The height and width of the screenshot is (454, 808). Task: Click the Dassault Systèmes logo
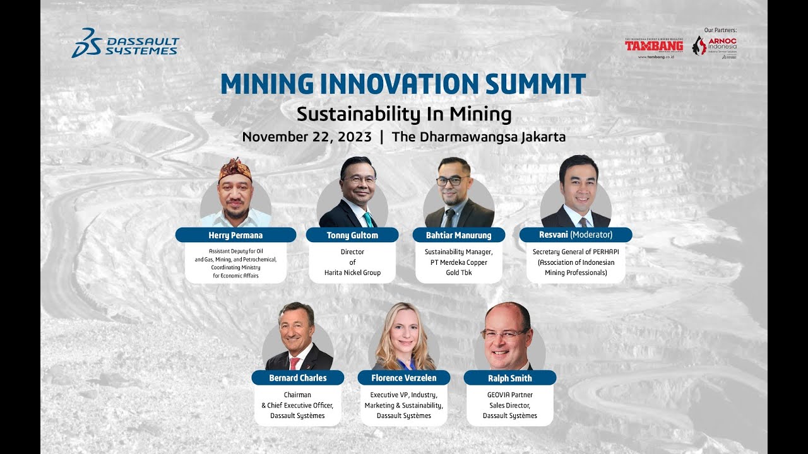coord(125,43)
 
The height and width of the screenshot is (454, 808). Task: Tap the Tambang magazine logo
coord(654,46)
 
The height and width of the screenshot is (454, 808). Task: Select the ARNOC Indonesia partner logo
coord(715,47)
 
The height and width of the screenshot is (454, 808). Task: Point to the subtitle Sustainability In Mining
coord(403,114)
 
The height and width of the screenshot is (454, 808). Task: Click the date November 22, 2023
coord(307,137)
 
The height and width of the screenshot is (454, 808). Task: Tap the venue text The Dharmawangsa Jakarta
coord(478,137)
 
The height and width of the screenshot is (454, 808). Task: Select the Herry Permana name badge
coord(235,235)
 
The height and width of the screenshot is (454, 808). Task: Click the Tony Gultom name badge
coord(352,235)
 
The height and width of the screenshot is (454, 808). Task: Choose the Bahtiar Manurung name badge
coord(459,235)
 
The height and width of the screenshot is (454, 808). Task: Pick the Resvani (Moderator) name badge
coord(575,235)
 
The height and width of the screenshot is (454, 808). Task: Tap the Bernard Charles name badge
coord(297,378)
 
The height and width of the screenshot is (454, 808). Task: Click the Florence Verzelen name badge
coord(403,378)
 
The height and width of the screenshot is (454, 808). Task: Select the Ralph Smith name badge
coord(509,378)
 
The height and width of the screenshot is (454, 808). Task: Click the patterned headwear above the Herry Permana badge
coord(235,169)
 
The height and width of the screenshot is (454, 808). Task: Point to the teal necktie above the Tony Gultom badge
coord(367,219)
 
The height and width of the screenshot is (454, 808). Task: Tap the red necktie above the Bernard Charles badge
coord(294,363)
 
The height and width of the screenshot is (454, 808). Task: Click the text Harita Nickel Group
coord(352,273)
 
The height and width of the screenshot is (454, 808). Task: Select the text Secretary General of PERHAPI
coord(575,252)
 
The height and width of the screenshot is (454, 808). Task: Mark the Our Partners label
coord(720,30)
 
